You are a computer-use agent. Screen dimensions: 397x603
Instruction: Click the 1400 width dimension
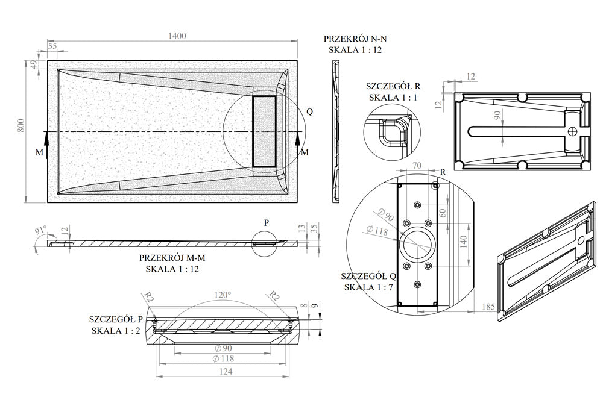click(177, 36)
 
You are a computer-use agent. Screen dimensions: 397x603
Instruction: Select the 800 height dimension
click(21, 125)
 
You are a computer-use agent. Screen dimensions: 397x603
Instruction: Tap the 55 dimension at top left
click(52, 46)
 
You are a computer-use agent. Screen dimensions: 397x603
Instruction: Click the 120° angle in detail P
click(223, 295)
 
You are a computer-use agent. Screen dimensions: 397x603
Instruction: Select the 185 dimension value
click(488, 307)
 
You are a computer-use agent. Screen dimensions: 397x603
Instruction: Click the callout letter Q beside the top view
click(310, 111)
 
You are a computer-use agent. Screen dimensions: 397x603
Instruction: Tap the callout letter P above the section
click(267, 222)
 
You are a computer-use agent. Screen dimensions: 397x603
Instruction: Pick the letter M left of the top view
click(39, 153)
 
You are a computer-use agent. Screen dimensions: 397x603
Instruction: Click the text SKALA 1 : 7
click(368, 287)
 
